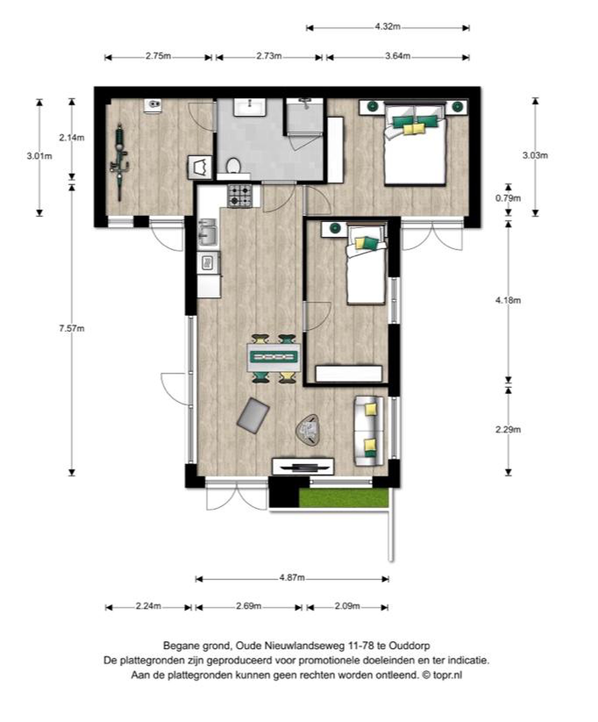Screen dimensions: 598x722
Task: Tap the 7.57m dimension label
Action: point(71,328)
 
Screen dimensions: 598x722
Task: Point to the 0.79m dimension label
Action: point(508,198)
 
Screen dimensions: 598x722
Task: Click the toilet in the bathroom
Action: point(234,166)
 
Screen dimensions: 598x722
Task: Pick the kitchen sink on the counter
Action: point(208,232)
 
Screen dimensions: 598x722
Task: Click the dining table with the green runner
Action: point(274,357)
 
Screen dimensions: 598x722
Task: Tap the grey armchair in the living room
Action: point(253,416)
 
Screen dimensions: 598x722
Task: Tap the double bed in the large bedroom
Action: point(415,144)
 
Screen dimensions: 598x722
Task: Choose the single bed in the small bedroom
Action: point(366,264)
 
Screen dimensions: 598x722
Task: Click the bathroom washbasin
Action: point(250,107)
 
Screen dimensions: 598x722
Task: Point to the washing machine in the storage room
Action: point(200,167)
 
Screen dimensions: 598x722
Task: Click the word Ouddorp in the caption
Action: point(409,646)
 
